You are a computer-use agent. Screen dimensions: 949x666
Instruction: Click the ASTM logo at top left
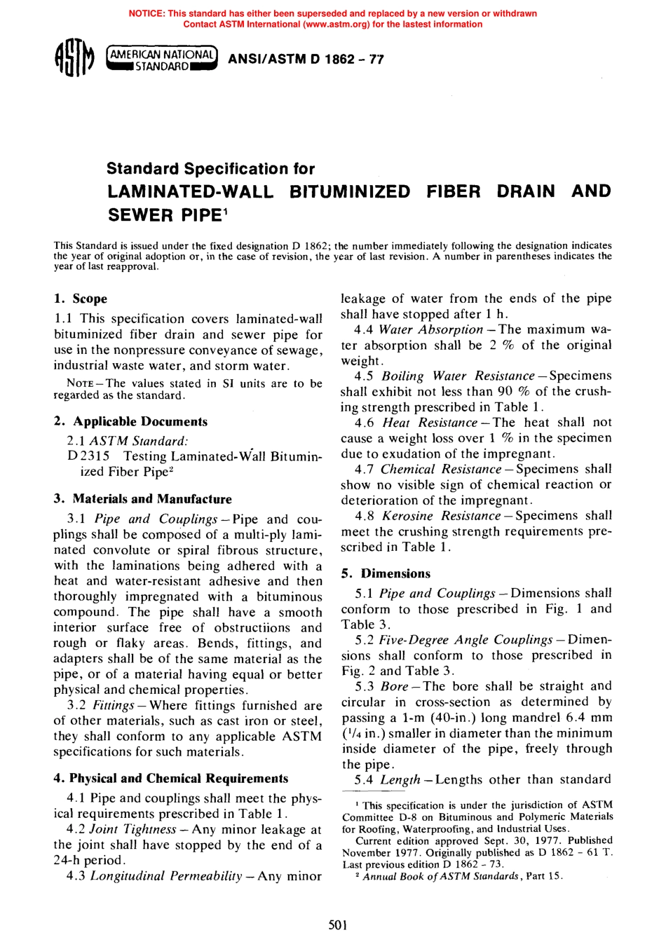73,59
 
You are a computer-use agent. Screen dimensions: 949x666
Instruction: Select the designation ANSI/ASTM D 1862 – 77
306,60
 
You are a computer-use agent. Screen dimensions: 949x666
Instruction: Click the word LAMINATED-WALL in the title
190,191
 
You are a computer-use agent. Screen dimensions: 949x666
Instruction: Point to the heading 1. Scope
81,299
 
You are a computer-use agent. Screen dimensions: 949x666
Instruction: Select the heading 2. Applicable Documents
130,422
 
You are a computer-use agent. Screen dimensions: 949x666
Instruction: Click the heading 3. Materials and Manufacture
142,499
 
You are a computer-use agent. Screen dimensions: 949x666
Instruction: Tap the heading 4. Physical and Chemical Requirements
171,779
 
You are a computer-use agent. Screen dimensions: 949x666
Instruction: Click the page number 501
338,925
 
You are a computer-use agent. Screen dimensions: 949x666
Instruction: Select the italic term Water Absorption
430,329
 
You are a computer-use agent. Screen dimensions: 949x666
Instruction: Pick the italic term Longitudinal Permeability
166,876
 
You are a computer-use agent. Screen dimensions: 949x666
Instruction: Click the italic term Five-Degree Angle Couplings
465,640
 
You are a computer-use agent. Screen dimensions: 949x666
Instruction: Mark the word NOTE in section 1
80,383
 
